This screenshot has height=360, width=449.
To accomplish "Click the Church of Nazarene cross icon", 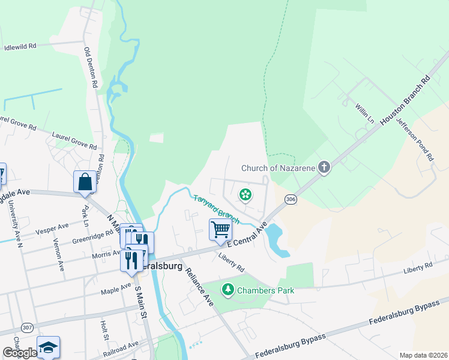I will [324, 167].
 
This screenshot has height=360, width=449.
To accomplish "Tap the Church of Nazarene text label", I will [279, 168].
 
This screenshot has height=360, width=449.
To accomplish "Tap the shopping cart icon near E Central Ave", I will [220, 230].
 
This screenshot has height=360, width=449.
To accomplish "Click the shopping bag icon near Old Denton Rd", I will [85, 181].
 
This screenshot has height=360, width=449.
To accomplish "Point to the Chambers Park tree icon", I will [228, 290].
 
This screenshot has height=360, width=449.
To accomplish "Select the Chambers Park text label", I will [265, 290].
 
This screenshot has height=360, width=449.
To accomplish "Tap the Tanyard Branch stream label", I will [216, 206].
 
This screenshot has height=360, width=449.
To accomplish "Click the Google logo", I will [20, 353].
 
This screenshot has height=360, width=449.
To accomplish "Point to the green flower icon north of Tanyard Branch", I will [245, 194].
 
